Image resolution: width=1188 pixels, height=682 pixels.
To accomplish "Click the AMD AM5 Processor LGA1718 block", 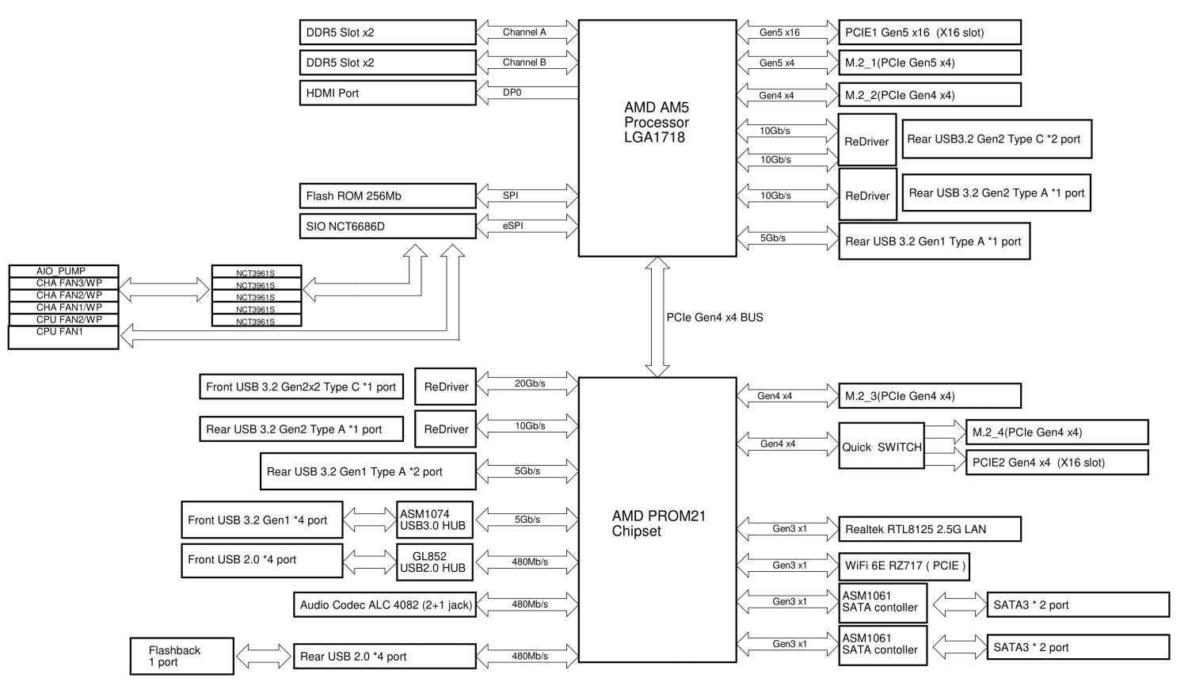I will (x=657, y=138).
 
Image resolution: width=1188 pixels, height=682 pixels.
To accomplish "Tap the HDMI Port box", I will (x=387, y=93).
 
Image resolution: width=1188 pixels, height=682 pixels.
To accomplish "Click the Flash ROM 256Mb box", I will (x=387, y=196).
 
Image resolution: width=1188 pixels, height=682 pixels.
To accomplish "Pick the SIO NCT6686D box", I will (x=387, y=227).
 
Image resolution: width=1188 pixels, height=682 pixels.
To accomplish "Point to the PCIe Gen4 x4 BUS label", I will (x=714, y=317).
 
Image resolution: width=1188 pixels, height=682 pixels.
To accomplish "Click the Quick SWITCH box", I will (x=881, y=447).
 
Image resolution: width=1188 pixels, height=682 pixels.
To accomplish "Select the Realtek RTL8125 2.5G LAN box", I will (x=929, y=529).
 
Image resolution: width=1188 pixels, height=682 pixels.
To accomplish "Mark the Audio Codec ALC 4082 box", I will (x=385, y=605).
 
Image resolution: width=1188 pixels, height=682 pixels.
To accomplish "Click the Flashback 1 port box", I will (x=181, y=656).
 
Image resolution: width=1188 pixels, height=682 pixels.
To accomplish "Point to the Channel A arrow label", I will (x=524, y=32).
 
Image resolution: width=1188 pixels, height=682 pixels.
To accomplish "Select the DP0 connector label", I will (x=512, y=93).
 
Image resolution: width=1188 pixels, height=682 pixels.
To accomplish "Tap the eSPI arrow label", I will (x=512, y=226).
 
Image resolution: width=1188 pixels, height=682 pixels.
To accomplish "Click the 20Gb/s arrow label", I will (x=530, y=383).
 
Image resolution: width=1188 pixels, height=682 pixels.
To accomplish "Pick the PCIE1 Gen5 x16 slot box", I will (x=929, y=32).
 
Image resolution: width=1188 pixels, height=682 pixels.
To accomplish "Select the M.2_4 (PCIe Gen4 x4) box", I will (x=1057, y=432).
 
